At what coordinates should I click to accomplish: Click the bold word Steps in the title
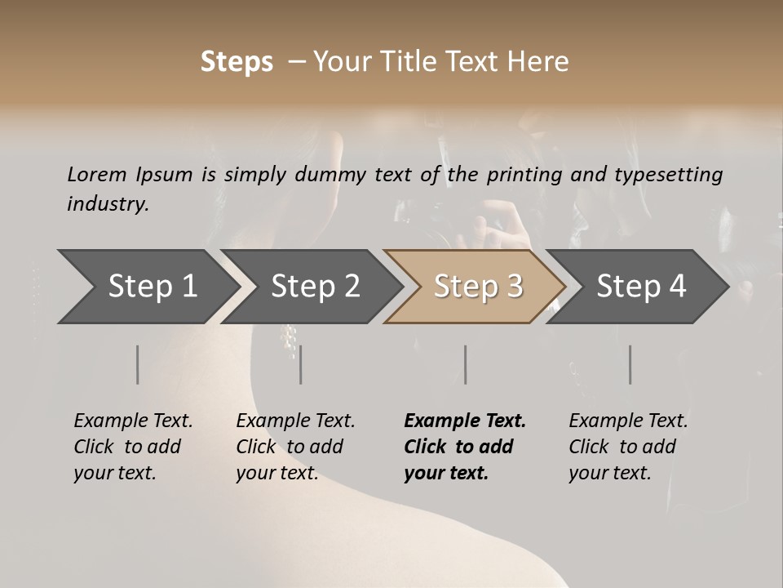[237, 62]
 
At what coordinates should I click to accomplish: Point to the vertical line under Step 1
[138, 364]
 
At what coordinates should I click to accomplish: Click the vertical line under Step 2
[301, 364]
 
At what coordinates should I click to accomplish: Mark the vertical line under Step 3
[466, 364]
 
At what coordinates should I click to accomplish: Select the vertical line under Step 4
[630, 364]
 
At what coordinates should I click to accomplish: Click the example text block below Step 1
[133, 447]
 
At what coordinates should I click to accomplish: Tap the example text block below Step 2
[295, 447]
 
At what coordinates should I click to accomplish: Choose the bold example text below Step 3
[465, 447]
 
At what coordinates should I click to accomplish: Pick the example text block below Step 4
[628, 447]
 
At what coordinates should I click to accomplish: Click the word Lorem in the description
[96, 174]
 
